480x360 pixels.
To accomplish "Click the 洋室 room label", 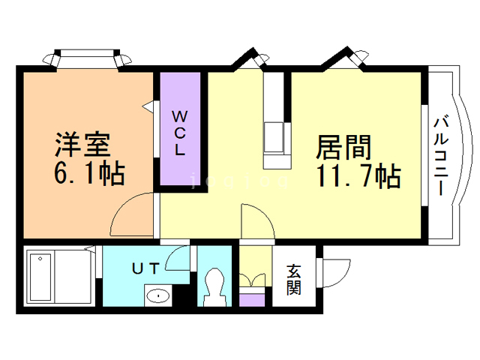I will tap(84, 143).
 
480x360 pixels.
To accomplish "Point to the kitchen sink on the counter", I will tap(274, 138).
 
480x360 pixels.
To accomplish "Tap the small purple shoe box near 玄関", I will tap(253, 298).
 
